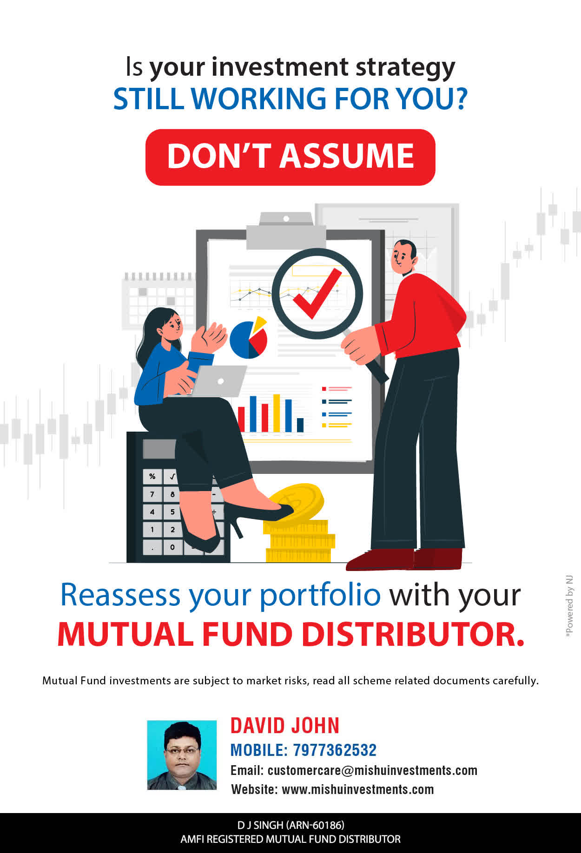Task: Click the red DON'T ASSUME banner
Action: (290, 157)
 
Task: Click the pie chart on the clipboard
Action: (249, 338)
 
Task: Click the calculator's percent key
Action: (152, 476)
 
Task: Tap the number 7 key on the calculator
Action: (152, 494)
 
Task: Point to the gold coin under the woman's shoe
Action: (296, 502)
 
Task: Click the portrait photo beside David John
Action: (182, 755)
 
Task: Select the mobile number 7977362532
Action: (335, 750)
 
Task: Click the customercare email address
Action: (372, 770)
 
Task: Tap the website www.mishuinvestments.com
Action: (358, 789)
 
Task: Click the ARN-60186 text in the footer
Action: (315, 825)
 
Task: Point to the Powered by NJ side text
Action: (569, 606)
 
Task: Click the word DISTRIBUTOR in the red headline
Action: (413, 634)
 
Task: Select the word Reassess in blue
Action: (120, 595)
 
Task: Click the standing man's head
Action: (403, 257)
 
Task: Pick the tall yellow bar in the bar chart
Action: (277, 413)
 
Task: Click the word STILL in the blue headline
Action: (149, 98)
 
